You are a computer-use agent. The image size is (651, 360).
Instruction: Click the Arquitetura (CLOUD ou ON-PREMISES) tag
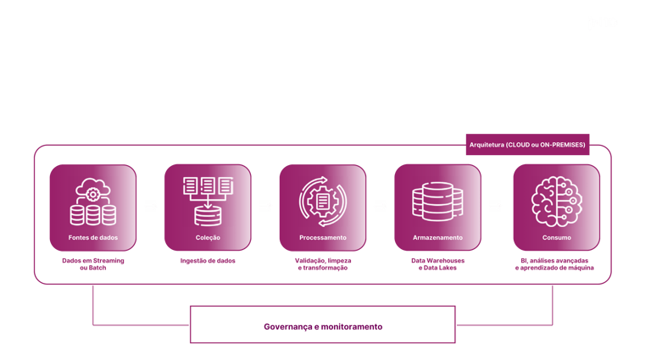pyautogui.click(x=526, y=146)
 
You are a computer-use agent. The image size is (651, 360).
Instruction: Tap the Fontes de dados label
pyautogui.click(x=93, y=238)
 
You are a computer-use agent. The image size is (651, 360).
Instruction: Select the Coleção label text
pyautogui.click(x=208, y=238)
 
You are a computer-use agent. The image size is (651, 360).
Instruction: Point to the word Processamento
pyautogui.click(x=323, y=238)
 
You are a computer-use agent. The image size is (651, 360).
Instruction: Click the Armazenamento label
pyautogui.click(x=437, y=238)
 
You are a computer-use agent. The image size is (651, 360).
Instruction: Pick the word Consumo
pyautogui.click(x=556, y=238)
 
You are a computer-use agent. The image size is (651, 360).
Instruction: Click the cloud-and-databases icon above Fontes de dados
pyautogui.click(x=92, y=201)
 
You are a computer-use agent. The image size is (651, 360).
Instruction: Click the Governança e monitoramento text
pyautogui.click(x=322, y=326)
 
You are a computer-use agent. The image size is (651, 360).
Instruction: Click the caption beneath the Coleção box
pyautogui.click(x=208, y=261)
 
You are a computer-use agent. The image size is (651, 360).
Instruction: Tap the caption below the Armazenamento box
pyautogui.click(x=437, y=264)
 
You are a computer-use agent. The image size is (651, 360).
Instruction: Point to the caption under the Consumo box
pyautogui.click(x=556, y=264)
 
